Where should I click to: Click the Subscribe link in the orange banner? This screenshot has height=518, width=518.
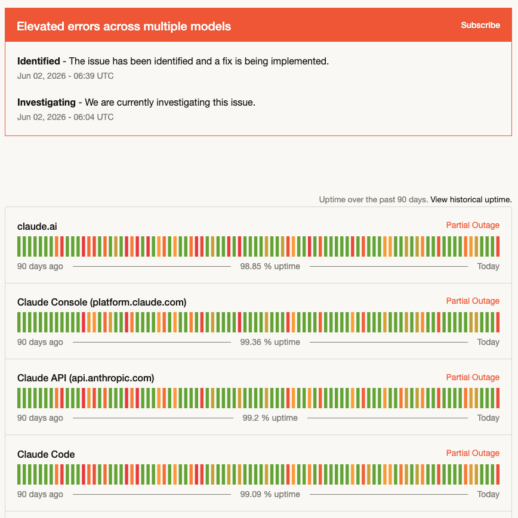tap(480, 25)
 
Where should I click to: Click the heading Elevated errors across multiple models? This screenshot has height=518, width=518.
tap(124, 26)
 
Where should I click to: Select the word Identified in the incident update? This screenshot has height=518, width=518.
tap(39, 61)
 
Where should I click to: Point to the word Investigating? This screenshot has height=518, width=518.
tap(47, 103)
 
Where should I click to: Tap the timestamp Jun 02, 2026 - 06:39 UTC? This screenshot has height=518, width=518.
tap(66, 76)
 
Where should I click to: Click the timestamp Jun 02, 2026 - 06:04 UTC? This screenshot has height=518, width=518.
tap(66, 118)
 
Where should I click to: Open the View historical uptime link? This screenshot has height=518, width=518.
tap(471, 199)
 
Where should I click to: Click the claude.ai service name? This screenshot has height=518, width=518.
tap(37, 227)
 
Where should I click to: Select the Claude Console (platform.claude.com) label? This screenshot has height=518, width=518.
tap(101, 303)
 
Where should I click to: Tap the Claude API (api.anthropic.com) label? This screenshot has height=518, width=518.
tap(85, 378)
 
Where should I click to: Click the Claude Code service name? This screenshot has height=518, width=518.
tap(46, 454)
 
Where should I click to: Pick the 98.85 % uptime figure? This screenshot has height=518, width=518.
tap(270, 266)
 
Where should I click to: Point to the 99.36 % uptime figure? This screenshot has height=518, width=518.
tap(270, 342)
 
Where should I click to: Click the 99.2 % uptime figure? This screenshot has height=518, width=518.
tap(270, 418)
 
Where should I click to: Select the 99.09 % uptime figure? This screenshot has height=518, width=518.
tap(270, 494)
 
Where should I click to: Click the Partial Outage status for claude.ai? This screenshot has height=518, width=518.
tap(473, 226)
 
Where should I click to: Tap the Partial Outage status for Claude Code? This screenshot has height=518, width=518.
tap(473, 454)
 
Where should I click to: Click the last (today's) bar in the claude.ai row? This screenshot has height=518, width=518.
tap(498, 246)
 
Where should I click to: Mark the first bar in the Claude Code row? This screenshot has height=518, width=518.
tap(19, 474)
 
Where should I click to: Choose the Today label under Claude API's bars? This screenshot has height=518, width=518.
tap(488, 418)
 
